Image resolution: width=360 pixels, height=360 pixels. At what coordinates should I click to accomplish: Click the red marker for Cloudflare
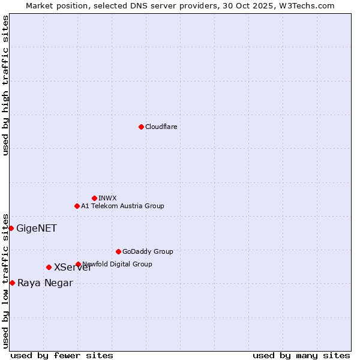(x=141, y=127)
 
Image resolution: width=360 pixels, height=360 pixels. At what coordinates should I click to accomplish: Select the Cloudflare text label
(x=161, y=127)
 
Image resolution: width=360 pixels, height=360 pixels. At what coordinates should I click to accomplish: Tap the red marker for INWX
(x=94, y=198)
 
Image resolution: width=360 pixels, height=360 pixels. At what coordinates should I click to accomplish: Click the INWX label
(x=107, y=198)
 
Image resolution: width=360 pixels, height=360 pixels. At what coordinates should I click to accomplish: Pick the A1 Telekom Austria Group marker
(x=77, y=206)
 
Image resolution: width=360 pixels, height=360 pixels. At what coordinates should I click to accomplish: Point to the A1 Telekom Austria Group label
(x=122, y=206)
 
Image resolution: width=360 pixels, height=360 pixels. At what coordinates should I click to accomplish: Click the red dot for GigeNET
(x=11, y=228)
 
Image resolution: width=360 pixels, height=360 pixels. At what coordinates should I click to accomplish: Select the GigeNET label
(x=37, y=228)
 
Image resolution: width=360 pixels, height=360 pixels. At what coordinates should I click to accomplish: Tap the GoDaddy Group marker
(x=118, y=251)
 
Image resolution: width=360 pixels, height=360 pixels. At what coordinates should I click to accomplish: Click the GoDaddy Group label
(x=148, y=251)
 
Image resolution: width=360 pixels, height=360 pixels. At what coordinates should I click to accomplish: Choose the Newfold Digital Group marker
(x=78, y=264)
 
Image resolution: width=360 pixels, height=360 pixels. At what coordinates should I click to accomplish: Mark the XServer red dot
(x=49, y=267)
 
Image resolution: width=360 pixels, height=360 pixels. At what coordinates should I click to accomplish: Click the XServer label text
(x=73, y=268)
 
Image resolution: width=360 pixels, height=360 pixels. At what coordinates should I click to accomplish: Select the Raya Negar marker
(x=12, y=283)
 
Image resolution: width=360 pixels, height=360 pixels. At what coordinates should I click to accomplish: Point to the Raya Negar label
(x=45, y=283)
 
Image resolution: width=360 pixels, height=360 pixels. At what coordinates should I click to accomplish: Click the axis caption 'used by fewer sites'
(x=62, y=355)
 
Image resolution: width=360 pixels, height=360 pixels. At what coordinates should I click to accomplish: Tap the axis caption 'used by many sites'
(x=301, y=355)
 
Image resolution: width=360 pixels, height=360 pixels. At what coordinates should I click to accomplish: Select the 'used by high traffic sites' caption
(x=5, y=85)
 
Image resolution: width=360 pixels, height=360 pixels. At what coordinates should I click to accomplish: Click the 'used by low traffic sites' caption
(x=5, y=280)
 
